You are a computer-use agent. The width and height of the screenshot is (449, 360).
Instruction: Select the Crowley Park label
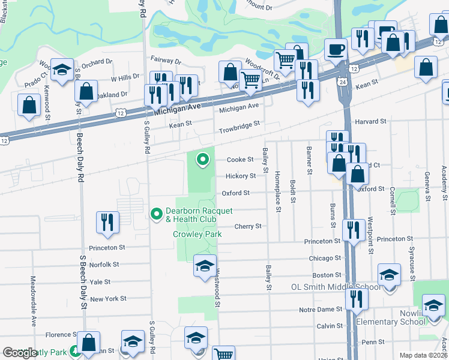[x=197, y=234]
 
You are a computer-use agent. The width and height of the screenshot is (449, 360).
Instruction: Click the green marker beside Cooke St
[x=203, y=159]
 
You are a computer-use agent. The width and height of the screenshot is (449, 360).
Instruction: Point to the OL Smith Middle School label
[x=336, y=287]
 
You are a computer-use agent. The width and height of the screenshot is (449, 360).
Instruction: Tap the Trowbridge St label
[x=239, y=126]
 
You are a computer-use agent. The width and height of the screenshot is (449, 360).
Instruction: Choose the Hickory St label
[x=241, y=176]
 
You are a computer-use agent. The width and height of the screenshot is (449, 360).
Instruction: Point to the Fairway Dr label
[x=166, y=61]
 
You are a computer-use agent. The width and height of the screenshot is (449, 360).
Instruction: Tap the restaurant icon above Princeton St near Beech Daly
[x=107, y=221]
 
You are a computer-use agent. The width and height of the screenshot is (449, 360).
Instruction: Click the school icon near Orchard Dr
[x=62, y=70]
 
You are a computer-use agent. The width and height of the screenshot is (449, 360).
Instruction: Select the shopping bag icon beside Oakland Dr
[x=86, y=91]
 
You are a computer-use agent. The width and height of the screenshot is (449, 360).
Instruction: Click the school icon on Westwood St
[x=205, y=265]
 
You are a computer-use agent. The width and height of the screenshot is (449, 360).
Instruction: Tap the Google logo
[x=20, y=353]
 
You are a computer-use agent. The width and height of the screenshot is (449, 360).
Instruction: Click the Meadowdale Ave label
[x=34, y=290]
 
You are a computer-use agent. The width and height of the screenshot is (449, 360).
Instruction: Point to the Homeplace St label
[x=278, y=191]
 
